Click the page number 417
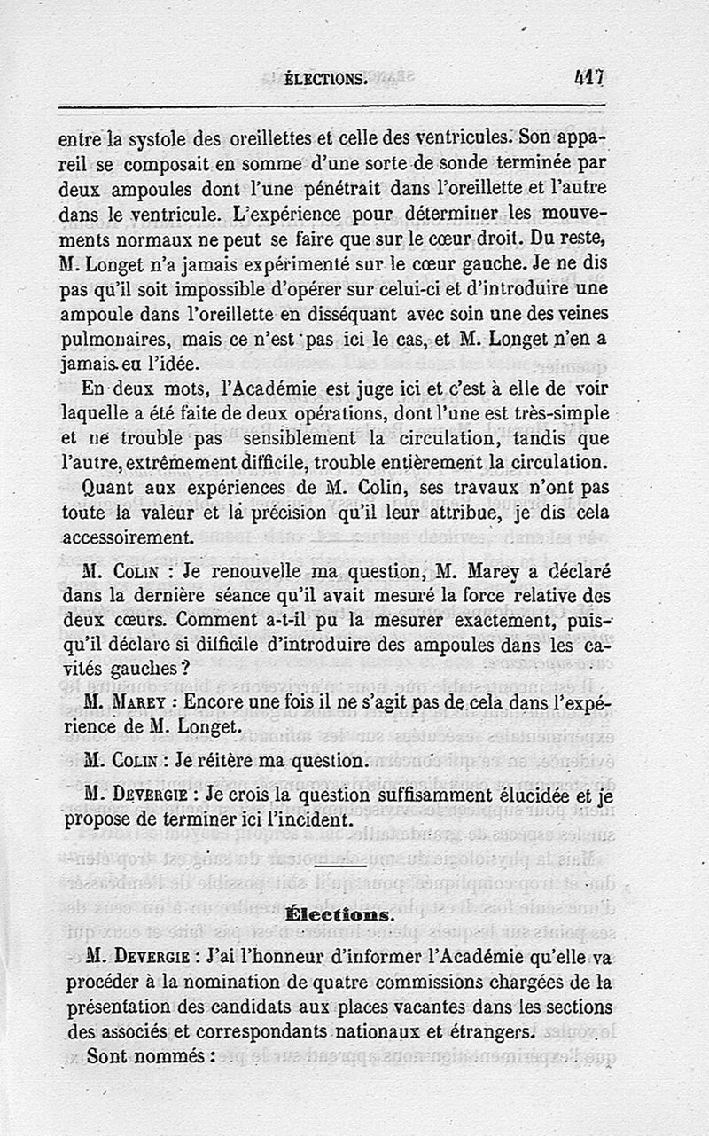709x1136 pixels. click(588, 78)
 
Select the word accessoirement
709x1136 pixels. click(128, 537)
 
